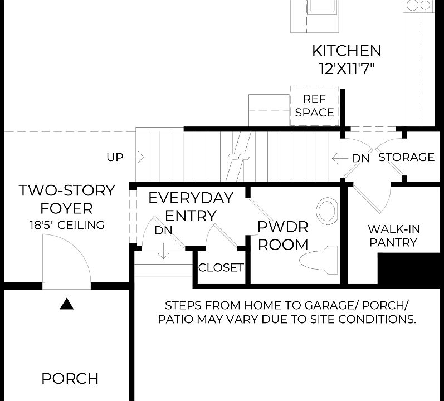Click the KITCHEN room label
click(x=347, y=51)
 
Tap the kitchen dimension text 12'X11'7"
click(x=347, y=69)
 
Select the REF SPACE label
click(x=314, y=106)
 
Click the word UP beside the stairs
click(x=115, y=157)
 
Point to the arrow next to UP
click(x=136, y=157)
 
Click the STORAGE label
click(x=406, y=157)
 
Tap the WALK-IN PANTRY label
click(x=394, y=236)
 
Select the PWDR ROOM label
click(x=283, y=236)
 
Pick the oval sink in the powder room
click(x=327, y=211)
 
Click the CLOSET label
click(x=221, y=267)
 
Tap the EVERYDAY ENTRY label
click(x=191, y=207)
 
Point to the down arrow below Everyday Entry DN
click(x=163, y=251)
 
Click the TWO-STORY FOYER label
click(x=67, y=199)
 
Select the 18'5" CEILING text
click(x=67, y=225)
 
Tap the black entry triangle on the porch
click(x=67, y=304)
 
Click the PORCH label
click(x=70, y=378)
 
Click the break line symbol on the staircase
click(x=238, y=156)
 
